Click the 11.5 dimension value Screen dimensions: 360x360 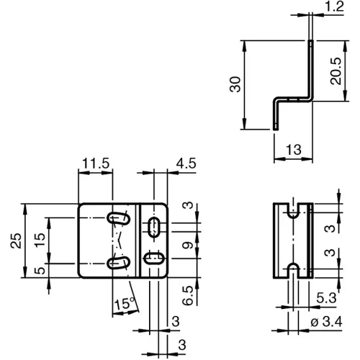[x=94, y=164]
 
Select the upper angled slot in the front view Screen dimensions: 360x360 [x=118, y=218]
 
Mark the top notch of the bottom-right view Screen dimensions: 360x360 [x=293, y=211]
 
